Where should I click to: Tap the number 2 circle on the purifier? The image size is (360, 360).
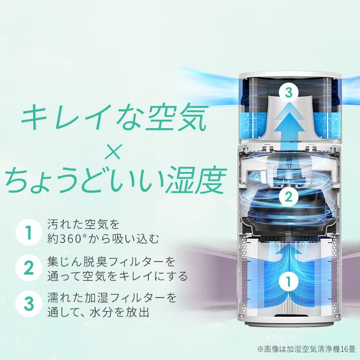tap(288, 196)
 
